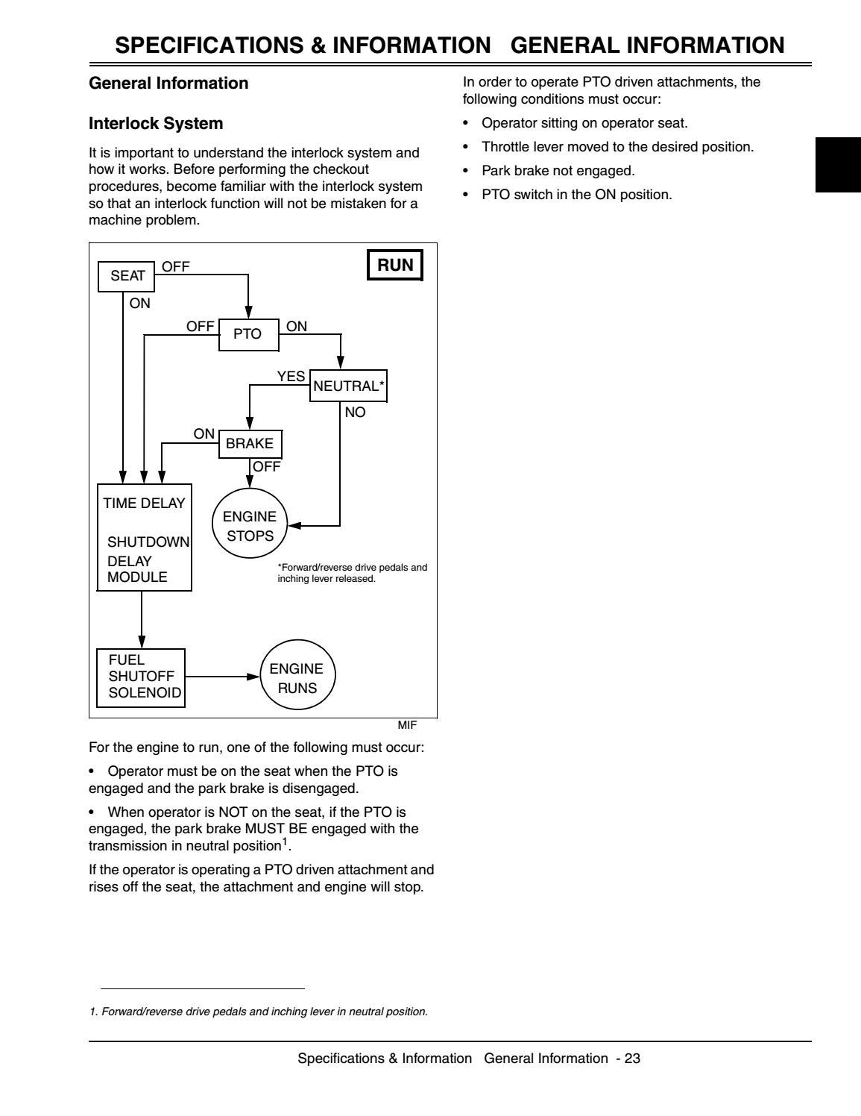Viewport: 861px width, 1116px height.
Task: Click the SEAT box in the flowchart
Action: pyautogui.click(x=127, y=276)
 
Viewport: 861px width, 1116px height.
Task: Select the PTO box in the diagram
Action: pyautogui.click(x=247, y=334)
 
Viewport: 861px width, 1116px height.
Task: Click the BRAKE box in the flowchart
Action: pyautogui.click(x=250, y=443)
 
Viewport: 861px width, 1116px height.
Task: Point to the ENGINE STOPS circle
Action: pyautogui.click(x=250, y=526)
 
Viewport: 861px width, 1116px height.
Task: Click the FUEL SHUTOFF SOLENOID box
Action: pyautogui.click(x=141, y=677)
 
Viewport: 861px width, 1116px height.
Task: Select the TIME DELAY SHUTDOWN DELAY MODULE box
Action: pyautogui.click(x=145, y=537)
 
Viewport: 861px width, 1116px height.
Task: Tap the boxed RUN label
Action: pyautogui.click(x=395, y=266)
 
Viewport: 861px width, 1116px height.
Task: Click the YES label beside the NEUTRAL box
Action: pyautogui.click(x=291, y=377)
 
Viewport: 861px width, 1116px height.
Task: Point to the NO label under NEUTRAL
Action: pyautogui.click(x=356, y=412)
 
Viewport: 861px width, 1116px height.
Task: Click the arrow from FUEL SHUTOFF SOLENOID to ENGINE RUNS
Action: pyautogui.click(x=223, y=677)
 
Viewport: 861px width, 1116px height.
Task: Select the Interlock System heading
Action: pyautogui.click(x=156, y=123)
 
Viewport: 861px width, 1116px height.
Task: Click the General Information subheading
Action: pyautogui.click(x=168, y=83)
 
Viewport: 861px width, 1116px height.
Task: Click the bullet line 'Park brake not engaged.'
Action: pyautogui.click(x=558, y=171)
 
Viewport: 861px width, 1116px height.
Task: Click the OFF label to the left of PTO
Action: pyautogui.click(x=200, y=326)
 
